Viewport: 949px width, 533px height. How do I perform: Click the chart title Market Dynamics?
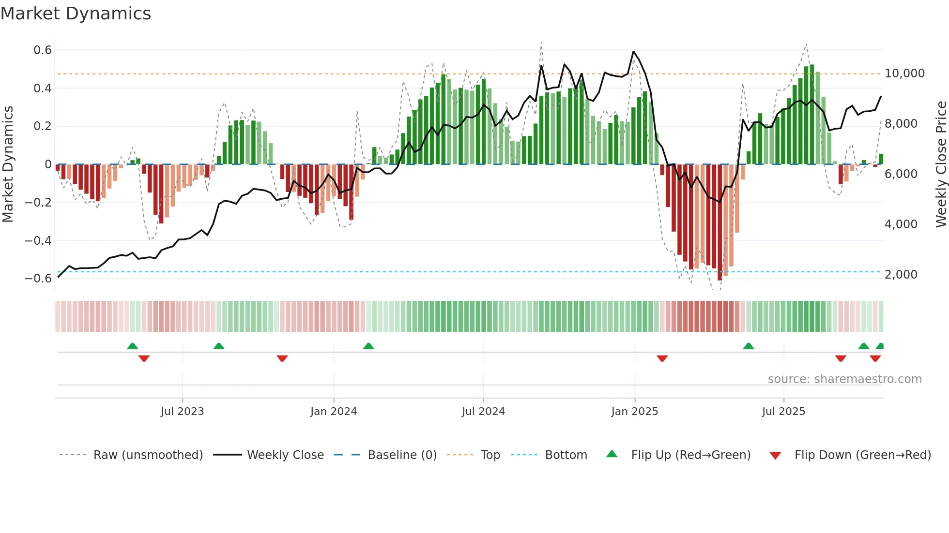point(76,14)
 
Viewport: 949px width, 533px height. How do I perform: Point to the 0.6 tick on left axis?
point(43,50)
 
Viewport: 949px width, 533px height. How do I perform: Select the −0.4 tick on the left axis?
point(38,240)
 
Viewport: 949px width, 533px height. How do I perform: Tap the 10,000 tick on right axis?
point(904,74)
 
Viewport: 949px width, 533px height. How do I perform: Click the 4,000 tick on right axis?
point(901,224)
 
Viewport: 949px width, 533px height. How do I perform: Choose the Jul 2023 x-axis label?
point(183,412)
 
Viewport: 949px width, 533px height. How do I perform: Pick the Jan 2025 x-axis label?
point(634,412)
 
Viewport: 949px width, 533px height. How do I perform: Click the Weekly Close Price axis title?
point(941,164)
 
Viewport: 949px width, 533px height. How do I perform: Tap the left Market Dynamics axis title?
point(8,164)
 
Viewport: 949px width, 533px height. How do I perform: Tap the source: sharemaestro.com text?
point(844,379)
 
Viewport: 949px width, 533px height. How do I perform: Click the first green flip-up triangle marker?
point(132,346)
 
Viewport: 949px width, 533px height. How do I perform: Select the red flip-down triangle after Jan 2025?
point(662,358)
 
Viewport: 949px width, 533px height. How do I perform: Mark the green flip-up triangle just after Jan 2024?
point(368,346)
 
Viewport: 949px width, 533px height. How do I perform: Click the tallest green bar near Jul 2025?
point(811,114)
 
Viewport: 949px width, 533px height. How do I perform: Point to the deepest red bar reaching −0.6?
point(719,222)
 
